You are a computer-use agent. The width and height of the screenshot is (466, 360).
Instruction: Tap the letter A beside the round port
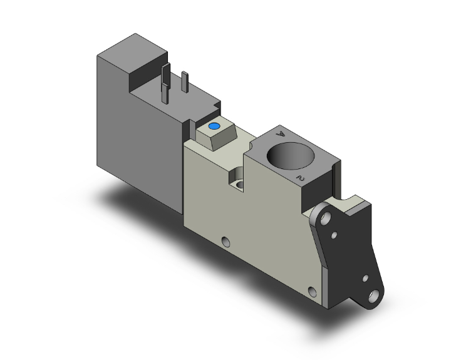point(281,134)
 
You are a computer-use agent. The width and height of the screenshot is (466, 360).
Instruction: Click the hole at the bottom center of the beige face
point(226,240)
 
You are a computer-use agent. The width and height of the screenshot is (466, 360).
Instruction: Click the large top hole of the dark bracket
point(325,219)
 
